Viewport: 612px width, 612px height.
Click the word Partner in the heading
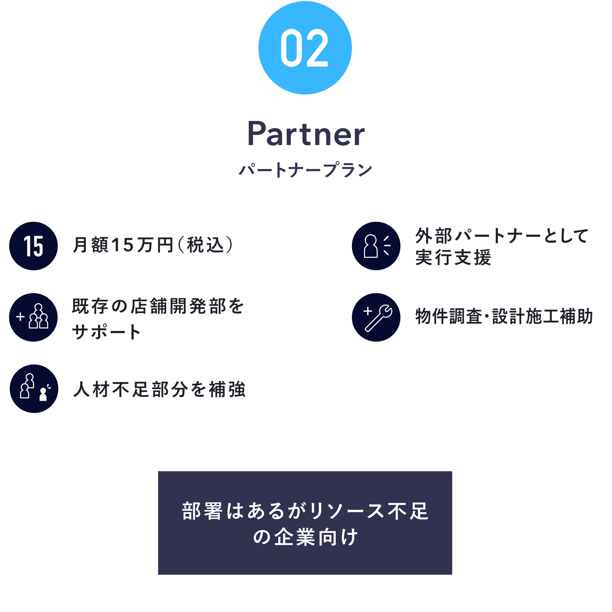tap(306, 133)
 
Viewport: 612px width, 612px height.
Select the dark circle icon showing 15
tap(34, 246)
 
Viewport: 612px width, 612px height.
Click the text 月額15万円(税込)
tap(153, 245)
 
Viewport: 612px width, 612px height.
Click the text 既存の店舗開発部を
tap(158, 306)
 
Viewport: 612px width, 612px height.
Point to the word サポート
tap(106, 332)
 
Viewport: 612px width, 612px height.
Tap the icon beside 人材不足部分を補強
tap(34, 388)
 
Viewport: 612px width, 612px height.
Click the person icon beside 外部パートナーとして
tap(376, 246)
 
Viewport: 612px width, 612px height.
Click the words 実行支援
tap(453, 257)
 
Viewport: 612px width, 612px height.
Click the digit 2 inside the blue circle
tap(317, 48)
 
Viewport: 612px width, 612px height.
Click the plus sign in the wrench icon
tap(367, 311)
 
